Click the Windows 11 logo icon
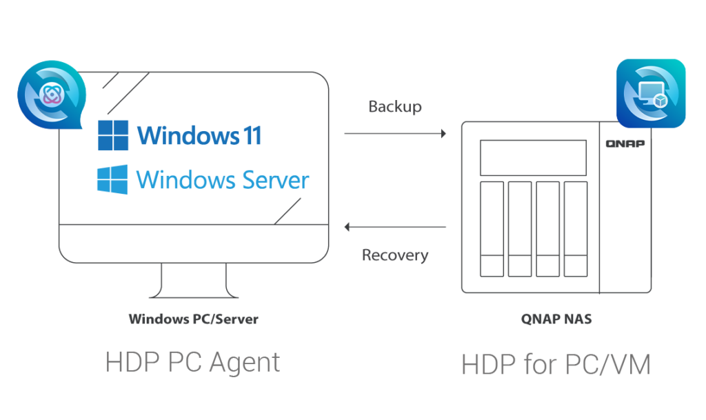[x=113, y=135]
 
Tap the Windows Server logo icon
[x=112, y=179]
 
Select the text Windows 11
[x=199, y=135]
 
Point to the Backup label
[x=395, y=107]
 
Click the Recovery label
[x=396, y=255]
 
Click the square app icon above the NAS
[x=651, y=94]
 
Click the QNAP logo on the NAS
[x=625, y=143]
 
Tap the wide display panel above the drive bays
[x=533, y=157]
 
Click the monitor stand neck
[x=194, y=280]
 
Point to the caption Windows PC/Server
[x=194, y=319]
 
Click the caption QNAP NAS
[x=556, y=319]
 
